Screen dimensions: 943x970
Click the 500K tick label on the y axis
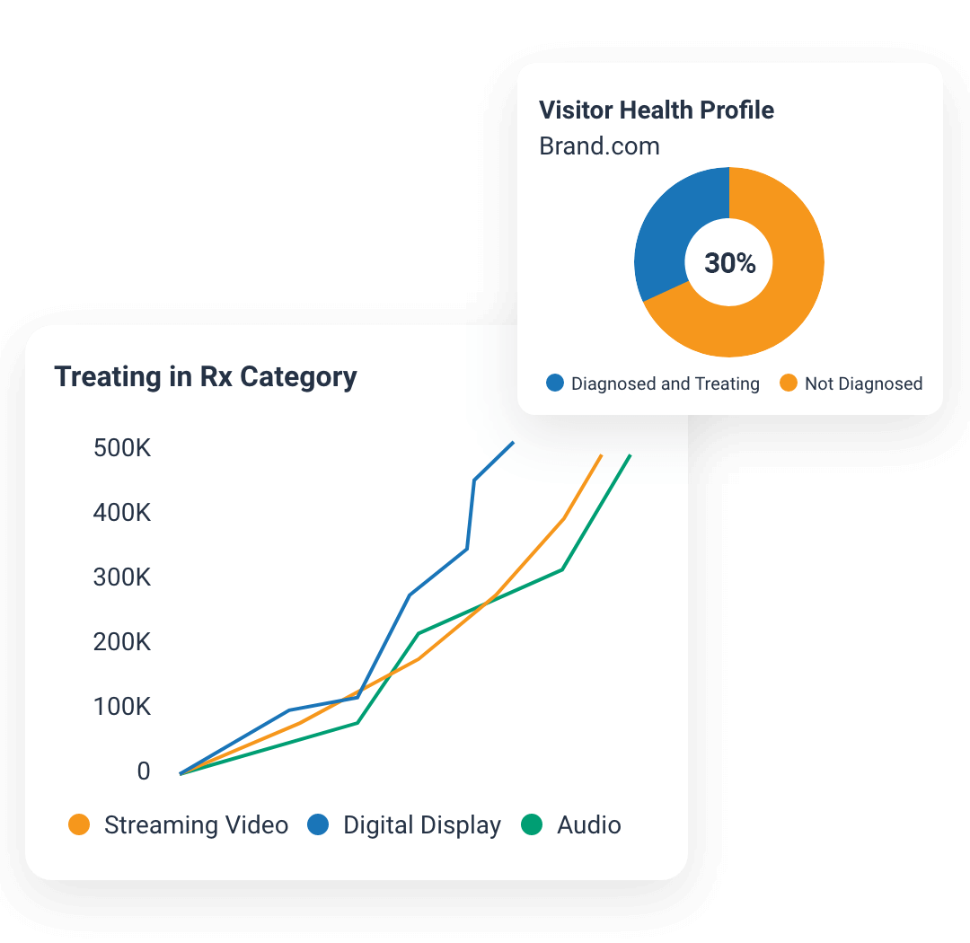point(122,448)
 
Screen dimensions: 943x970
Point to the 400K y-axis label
point(122,513)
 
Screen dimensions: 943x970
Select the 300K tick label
point(122,577)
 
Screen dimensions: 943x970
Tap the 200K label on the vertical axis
point(122,642)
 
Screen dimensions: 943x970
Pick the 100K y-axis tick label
point(122,707)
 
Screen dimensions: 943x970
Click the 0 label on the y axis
point(144,771)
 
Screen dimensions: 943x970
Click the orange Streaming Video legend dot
point(80,825)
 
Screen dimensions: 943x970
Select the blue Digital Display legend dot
point(319,825)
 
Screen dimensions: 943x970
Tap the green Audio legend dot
point(533,825)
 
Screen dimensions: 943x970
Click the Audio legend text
point(589,825)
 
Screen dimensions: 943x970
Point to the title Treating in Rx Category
point(206,376)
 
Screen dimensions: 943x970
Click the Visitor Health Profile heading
point(657,110)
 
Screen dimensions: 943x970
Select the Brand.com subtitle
point(599,145)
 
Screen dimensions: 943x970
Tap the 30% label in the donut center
point(729,263)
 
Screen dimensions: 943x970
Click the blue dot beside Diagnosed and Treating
point(555,383)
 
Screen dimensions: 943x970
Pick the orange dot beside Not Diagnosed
point(789,383)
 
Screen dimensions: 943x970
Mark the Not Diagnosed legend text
point(863,383)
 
